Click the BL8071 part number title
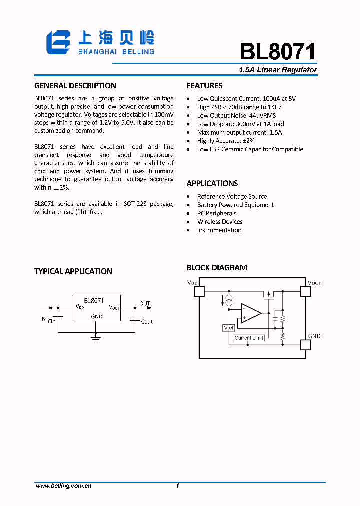278,51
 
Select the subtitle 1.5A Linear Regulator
278,70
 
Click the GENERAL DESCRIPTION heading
75,86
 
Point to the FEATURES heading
204,86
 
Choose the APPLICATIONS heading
212,183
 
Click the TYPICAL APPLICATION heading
73,271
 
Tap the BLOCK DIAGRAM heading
217,268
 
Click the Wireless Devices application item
220,222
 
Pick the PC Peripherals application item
217,213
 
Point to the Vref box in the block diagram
228,328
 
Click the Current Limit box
249,338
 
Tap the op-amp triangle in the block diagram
250,313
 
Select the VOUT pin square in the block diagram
305,290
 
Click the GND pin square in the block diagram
305,344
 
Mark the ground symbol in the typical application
96,339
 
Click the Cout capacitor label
147,322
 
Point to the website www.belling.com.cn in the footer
64,486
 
